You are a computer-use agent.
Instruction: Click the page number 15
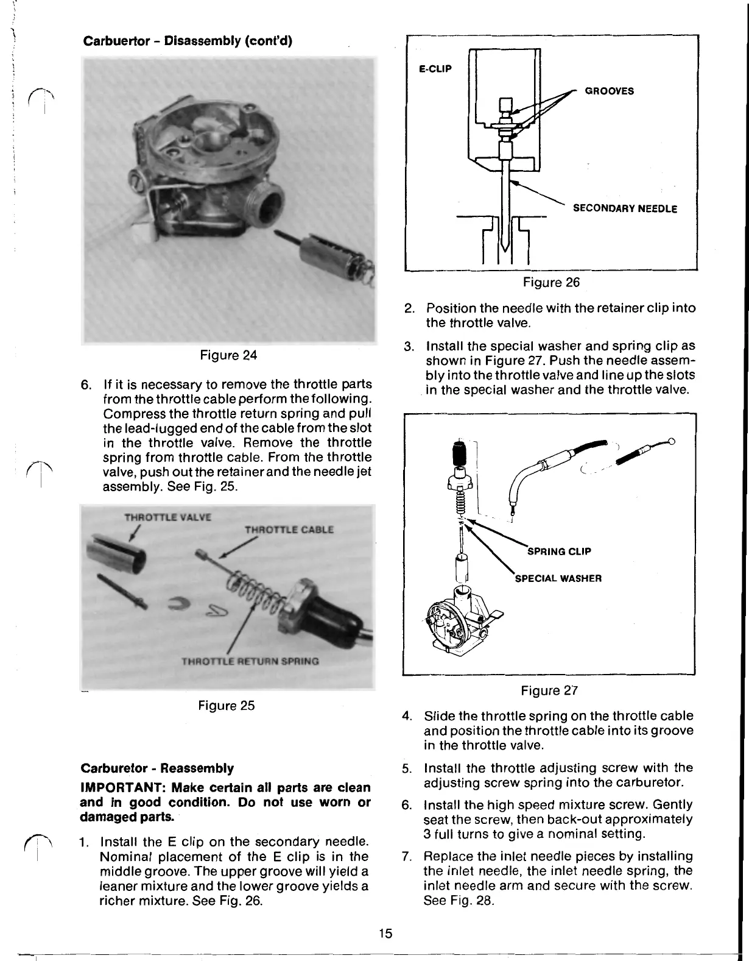pos(384,933)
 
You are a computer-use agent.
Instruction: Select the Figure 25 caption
pos(226,706)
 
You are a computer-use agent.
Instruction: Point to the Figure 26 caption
pos(551,282)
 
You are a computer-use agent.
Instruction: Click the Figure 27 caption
pos(549,690)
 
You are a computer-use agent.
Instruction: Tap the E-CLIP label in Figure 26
pos(435,69)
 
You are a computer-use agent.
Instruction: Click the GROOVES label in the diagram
pos(609,91)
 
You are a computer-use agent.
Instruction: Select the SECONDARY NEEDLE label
pos(624,209)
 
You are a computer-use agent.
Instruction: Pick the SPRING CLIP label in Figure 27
pos(558,552)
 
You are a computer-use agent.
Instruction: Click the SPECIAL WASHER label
pos(558,578)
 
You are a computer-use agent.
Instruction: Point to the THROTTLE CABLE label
pos(289,530)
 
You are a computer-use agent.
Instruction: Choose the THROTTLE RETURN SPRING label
pos(250,661)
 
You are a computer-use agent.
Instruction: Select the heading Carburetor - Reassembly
pos(156,768)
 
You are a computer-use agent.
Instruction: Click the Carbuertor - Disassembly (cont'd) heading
pos(188,41)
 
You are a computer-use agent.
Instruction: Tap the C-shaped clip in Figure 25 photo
pos(181,603)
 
